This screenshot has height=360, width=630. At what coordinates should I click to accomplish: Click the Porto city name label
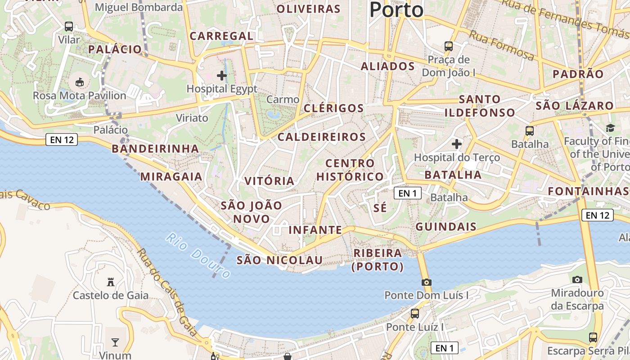[396, 10]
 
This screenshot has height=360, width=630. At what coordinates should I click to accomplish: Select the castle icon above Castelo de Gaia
[110, 282]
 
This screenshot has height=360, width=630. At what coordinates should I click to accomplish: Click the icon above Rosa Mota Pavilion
[80, 82]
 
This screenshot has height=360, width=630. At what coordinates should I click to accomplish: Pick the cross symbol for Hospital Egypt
[222, 75]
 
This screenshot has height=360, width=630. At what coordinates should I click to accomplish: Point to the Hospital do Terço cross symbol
[457, 144]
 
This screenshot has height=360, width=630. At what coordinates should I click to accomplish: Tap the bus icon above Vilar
[69, 27]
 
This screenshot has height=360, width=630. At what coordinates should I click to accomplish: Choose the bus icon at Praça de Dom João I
[449, 46]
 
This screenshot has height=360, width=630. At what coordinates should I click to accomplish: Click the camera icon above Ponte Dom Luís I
[426, 282]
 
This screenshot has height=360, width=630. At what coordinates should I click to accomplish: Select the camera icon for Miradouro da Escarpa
[577, 279]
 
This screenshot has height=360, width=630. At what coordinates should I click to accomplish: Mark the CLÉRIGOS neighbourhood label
[333, 108]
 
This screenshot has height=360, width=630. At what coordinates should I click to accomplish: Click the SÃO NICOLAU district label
[279, 260]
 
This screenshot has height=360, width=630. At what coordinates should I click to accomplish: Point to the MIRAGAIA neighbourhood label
[171, 176]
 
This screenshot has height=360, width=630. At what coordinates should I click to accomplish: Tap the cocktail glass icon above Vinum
[115, 342]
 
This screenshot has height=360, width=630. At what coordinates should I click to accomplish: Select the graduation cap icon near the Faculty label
[611, 128]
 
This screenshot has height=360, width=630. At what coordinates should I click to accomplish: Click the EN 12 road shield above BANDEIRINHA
[62, 140]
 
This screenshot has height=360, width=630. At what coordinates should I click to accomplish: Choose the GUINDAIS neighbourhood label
[446, 226]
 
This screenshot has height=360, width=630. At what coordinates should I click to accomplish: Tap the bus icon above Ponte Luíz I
[414, 313]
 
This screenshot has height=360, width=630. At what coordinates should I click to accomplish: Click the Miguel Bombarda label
[139, 7]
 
